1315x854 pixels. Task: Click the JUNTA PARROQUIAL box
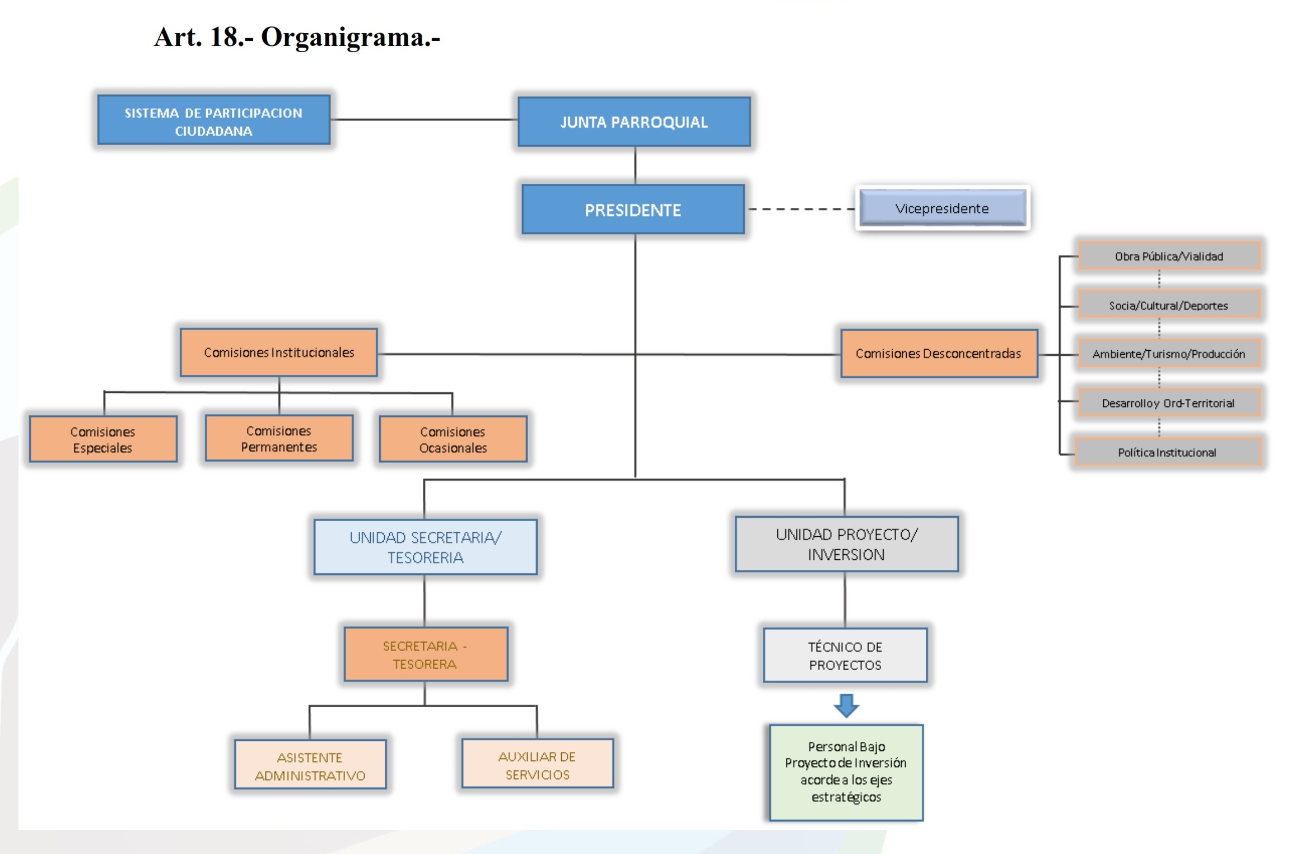(634, 122)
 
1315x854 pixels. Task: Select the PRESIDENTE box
(633, 210)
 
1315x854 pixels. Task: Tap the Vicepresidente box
(943, 208)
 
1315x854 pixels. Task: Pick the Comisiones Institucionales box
(279, 352)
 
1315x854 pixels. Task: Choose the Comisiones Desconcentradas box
(939, 354)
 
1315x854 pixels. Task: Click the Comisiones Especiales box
(103, 439)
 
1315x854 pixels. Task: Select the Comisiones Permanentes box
(279, 439)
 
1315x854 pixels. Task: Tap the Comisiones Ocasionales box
(453, 439)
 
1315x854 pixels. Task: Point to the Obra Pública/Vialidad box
(1169, 256)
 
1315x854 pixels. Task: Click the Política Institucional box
(1168, 452)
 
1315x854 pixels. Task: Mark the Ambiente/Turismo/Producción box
(1169, 354)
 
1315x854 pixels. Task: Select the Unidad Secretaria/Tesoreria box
(425, 547)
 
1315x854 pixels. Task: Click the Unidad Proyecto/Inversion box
(846, 544)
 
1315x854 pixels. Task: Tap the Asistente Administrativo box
(310, 765)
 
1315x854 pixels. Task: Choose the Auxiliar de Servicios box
(537, 765)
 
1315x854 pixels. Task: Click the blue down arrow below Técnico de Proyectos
(846, 705)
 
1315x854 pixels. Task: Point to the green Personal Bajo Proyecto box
(846, 772)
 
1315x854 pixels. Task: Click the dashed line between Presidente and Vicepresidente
(801, 209)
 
